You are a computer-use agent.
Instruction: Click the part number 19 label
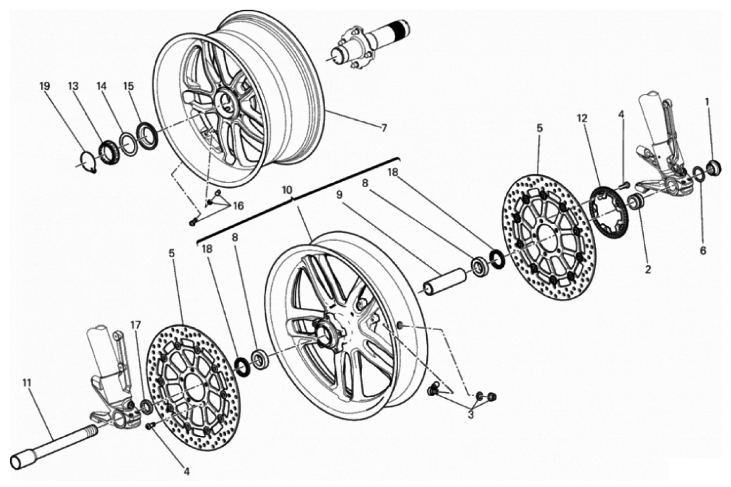tap(45, 86)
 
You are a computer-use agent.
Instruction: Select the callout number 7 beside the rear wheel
tap(384, 128)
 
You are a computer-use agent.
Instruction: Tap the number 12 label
tap(581, 118)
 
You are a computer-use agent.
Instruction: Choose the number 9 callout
tap(339, 195)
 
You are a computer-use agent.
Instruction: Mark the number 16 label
tap(238, 205)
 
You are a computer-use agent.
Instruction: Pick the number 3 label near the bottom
tap(470, 415)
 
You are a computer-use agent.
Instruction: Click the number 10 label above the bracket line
tap(287, 190)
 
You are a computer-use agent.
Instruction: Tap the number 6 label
tap(703, 251)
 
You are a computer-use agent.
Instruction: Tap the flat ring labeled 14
tap(128, 144)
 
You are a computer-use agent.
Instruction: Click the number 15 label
tap(128, 86)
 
